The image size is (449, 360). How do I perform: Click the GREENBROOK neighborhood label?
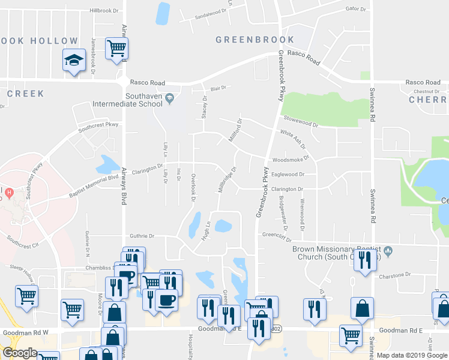coord(255,40)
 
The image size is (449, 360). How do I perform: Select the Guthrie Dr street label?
coord(142,236)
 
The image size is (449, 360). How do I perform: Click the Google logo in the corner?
coord(19,353)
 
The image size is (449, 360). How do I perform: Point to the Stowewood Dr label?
coord(301,123)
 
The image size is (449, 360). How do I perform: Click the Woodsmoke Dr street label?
coord(290,160)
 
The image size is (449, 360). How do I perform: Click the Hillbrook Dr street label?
coord(105,11)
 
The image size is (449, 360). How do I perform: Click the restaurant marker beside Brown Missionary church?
coord(364,260)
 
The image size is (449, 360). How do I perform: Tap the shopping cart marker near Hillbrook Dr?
coord(116,48)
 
